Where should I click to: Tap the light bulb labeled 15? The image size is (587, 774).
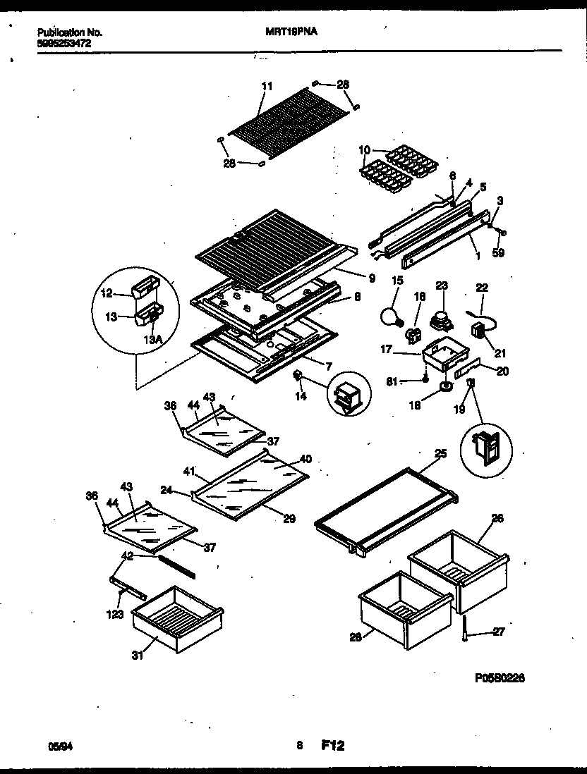pyautogui.click(x=390, y=316)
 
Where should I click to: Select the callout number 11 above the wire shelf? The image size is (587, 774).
pyautogui.click(x=266, y=87)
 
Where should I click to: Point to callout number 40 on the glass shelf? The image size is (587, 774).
pyautogui.click(x=305, y=459)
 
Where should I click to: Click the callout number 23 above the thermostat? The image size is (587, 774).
pyautogui.click(x=442, y=285)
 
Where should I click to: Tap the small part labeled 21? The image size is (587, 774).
pyautogui.click(x=480, y=331)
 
